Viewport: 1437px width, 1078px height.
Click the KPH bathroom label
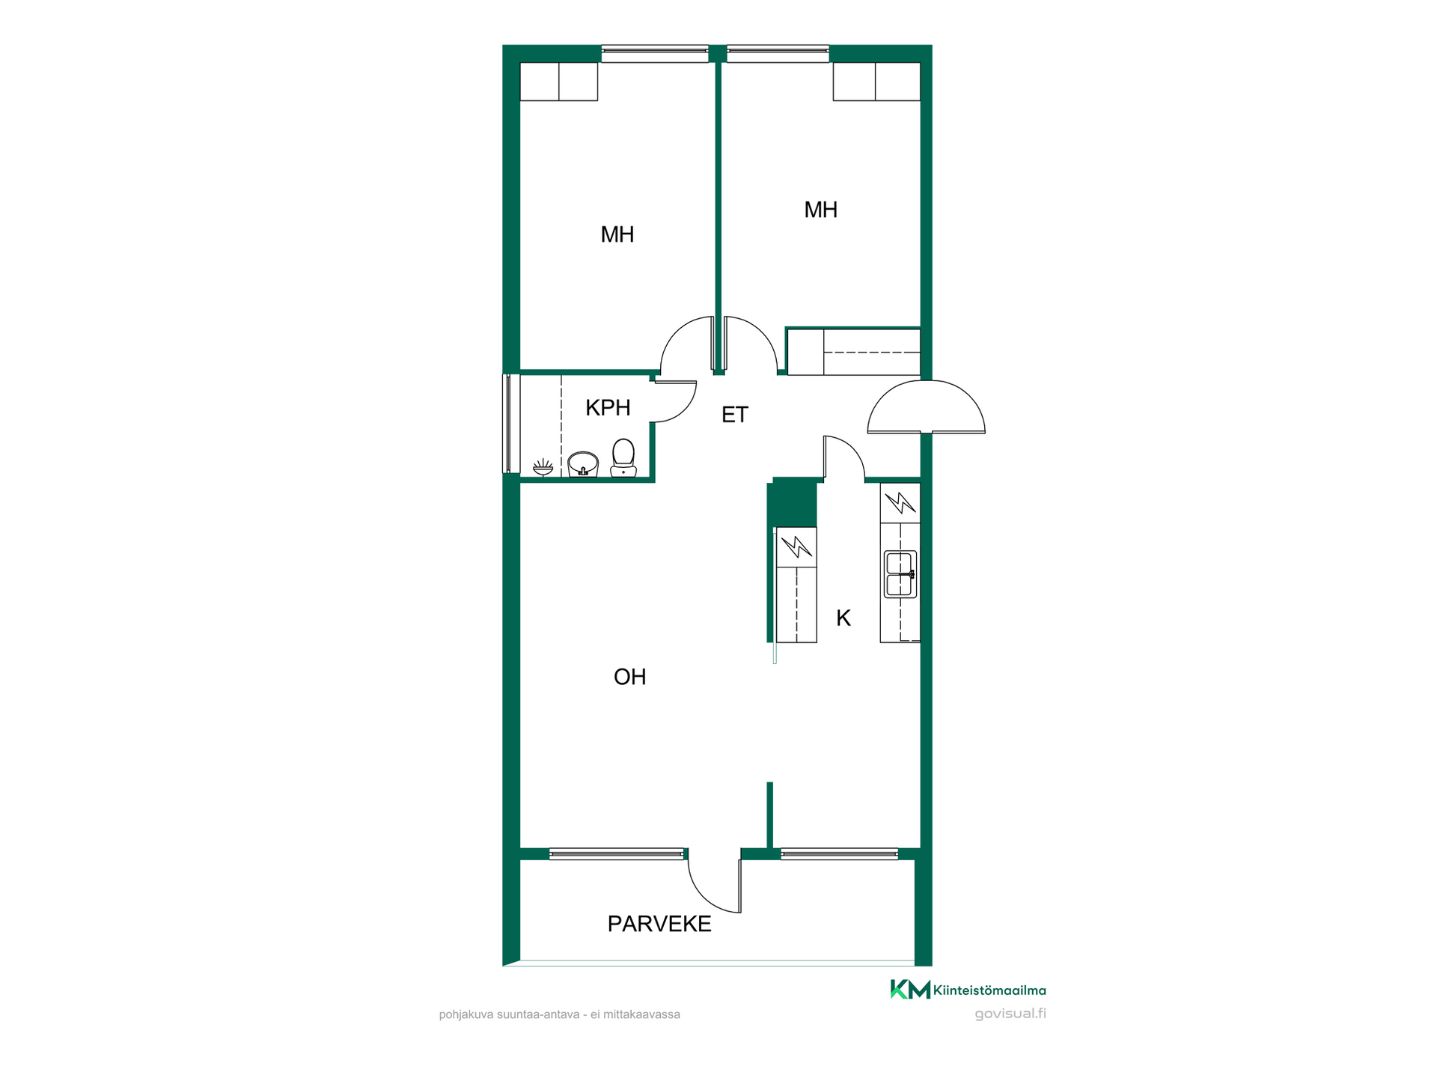608,408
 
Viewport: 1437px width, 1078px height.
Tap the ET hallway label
734,415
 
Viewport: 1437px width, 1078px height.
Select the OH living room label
629,677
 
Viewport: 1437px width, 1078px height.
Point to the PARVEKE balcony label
659,924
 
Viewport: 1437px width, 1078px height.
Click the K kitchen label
843,618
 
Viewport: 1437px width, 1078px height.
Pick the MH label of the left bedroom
617,234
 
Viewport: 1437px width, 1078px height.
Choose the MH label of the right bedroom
820,210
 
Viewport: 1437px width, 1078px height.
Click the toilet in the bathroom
623,457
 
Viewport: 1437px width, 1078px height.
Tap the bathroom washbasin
583,464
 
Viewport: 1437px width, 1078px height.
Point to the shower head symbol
543,467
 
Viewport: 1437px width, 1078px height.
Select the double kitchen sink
900,574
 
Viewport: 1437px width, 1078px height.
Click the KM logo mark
910,989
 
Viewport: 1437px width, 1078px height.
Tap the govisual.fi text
1010,1014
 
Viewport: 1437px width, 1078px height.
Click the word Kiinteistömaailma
989,990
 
